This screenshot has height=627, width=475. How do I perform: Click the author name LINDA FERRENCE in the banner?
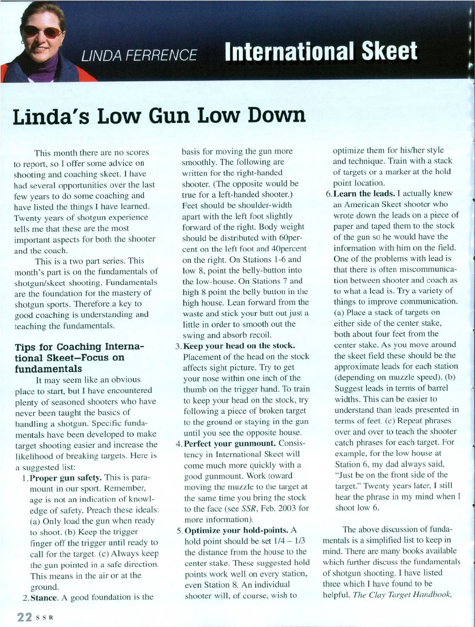pos(139,55)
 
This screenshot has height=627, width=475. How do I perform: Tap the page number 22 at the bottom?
pos(23,617)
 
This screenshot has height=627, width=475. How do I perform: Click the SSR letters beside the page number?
pos(44,617)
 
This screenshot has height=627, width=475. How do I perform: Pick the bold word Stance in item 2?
pos(44,597)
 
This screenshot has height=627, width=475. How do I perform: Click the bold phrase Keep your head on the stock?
pos(239,346)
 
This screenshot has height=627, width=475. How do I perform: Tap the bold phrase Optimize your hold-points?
pos(236,530)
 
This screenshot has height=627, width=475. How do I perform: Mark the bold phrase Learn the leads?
pos(364,193)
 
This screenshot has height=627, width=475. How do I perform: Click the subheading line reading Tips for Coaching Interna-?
pos(79,347)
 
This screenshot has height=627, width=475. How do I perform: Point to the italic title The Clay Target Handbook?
pos(402,595)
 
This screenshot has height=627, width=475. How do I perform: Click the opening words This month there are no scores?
pos(91,153)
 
